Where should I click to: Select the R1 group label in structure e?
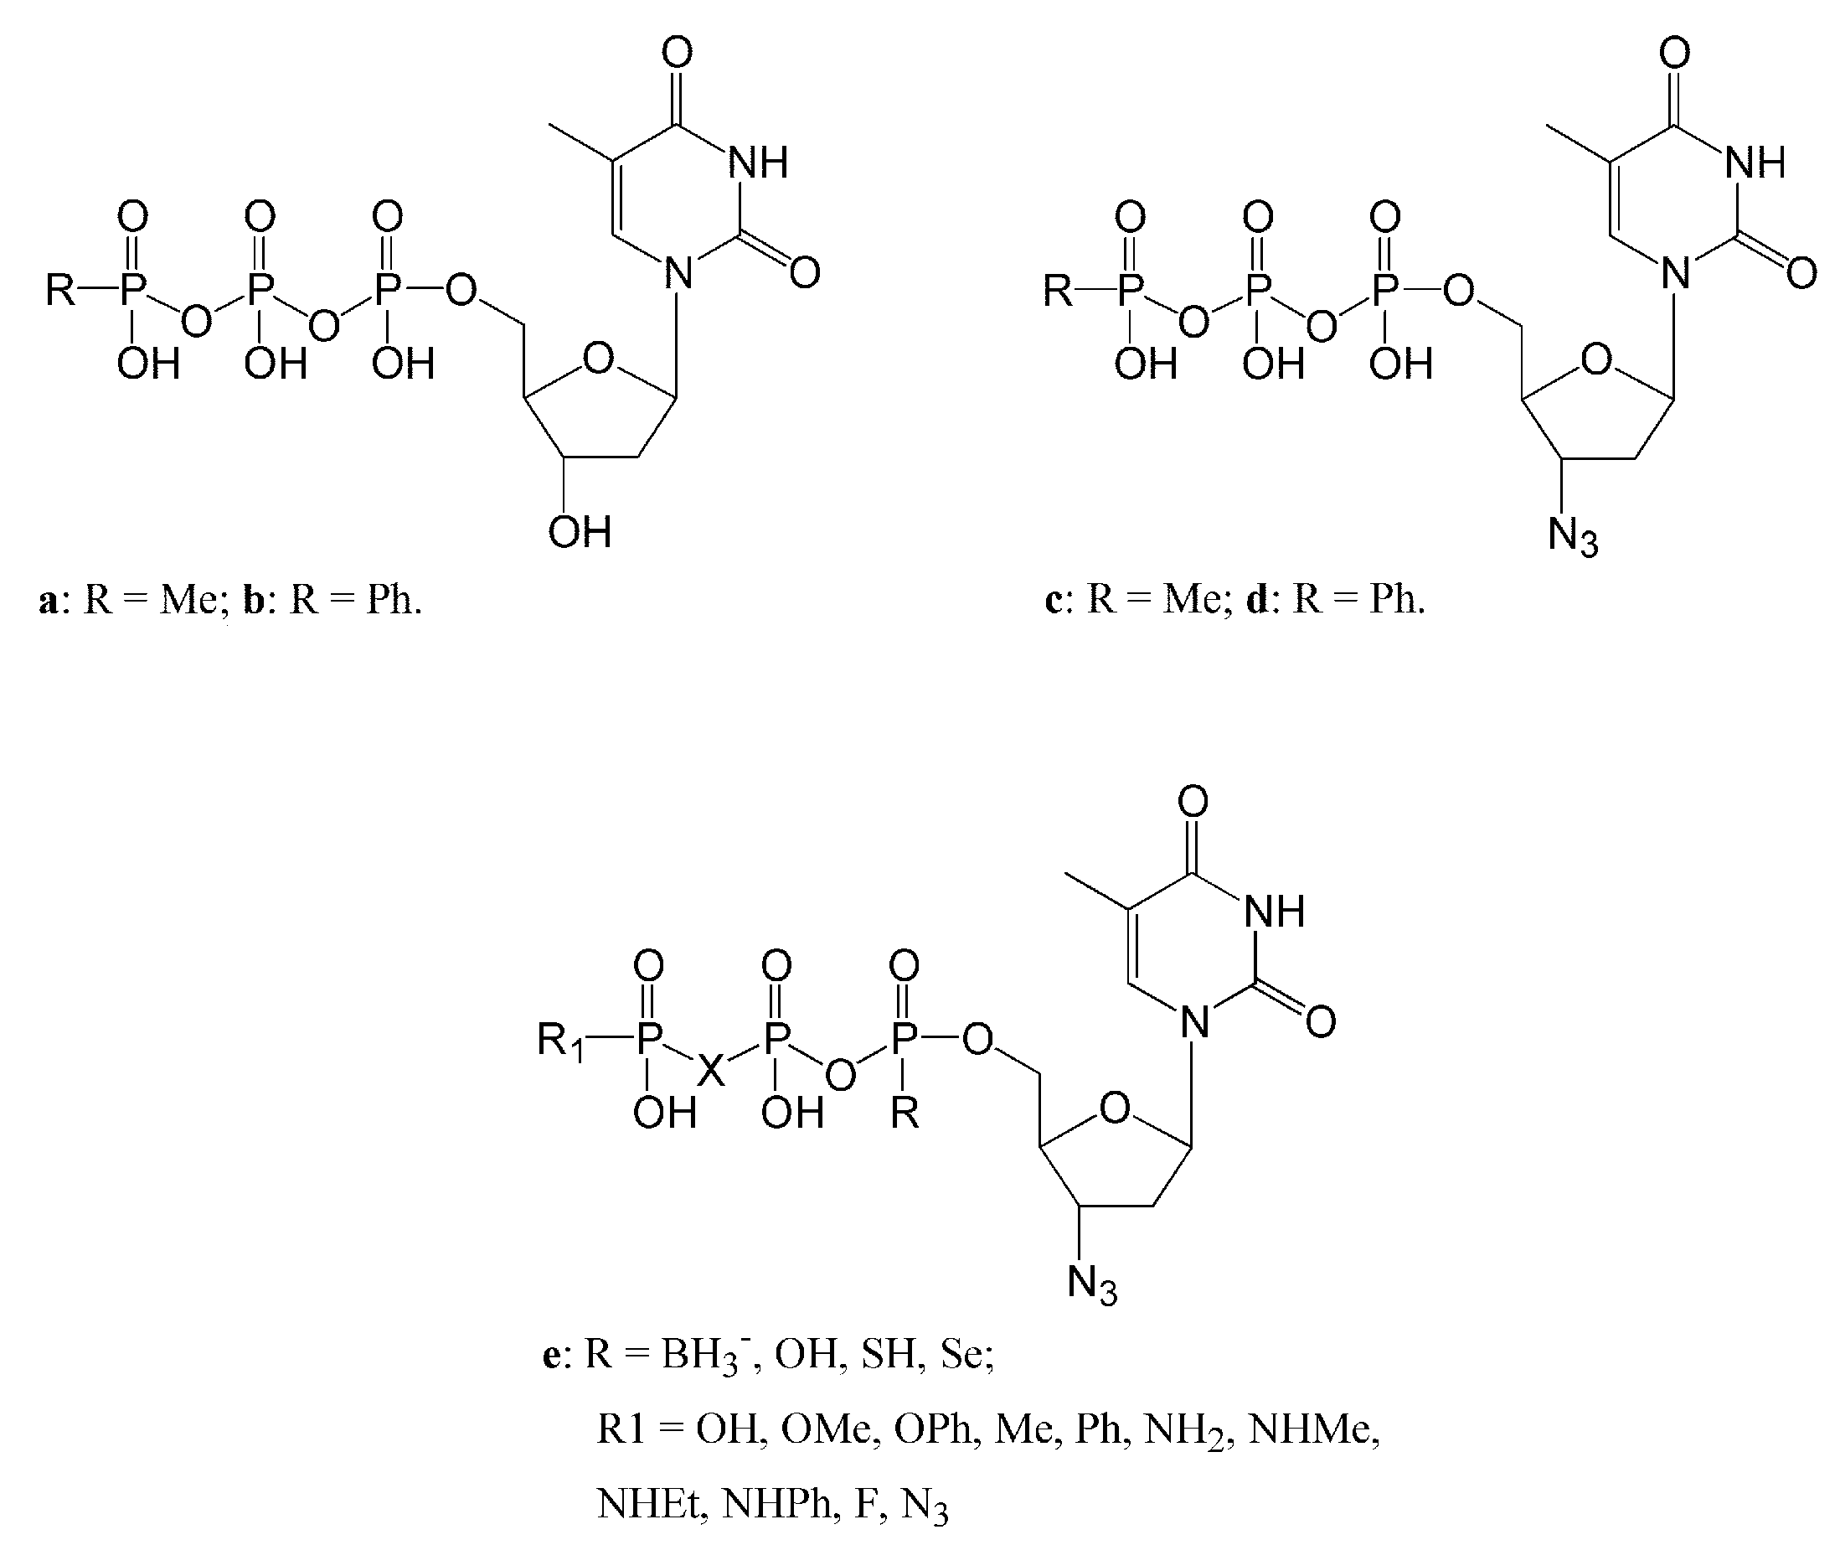point(561,1041)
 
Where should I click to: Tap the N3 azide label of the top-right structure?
point(1573,537)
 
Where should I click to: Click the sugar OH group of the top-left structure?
point(580,531)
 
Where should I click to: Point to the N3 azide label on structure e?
point(1093,1284)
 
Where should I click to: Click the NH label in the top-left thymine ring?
point(759,163)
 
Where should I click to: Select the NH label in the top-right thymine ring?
point(1756,163)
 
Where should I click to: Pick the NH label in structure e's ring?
point(1275,912)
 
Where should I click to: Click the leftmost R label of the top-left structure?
point(61,289)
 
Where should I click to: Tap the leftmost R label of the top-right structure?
point(1059,289)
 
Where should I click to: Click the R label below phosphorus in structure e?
point(905,1114)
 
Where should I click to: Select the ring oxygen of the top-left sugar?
point(599,359)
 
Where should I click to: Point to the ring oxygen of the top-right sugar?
point(1596,359)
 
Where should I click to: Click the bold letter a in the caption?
point(49,602)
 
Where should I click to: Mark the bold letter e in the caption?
point(551,1355)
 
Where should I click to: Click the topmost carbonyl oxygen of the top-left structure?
point(678,53)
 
